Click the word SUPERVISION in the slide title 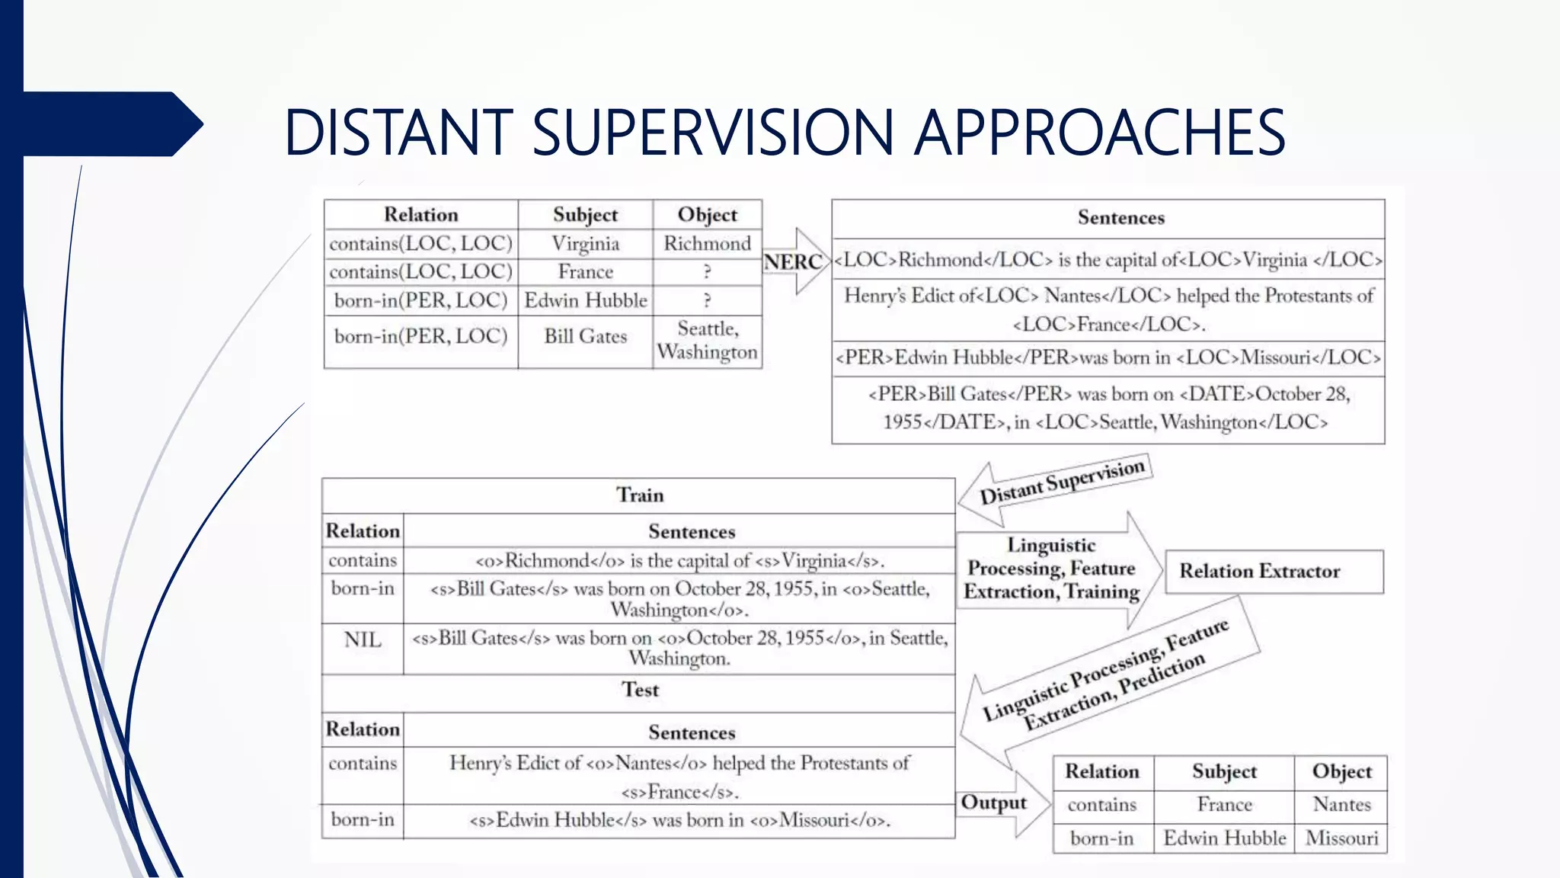tap(712, 133)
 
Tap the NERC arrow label tap(793, 261)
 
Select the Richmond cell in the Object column tap(707, 244)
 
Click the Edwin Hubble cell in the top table tap(585, 300)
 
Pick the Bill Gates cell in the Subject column tap(585, 336)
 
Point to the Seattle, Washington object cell tap(707, 341)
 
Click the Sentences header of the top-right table tap(1120, 218)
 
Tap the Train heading tap(640, 495)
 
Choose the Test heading tap(640, 690)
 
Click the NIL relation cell tap(363, 639)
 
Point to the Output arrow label tap(993, 803)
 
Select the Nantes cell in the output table tap(1341, 805)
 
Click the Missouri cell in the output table tap(1341, 838)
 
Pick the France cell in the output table tap(1224, 805)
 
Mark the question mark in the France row tap(707, 272)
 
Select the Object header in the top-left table tap(707, 215)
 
